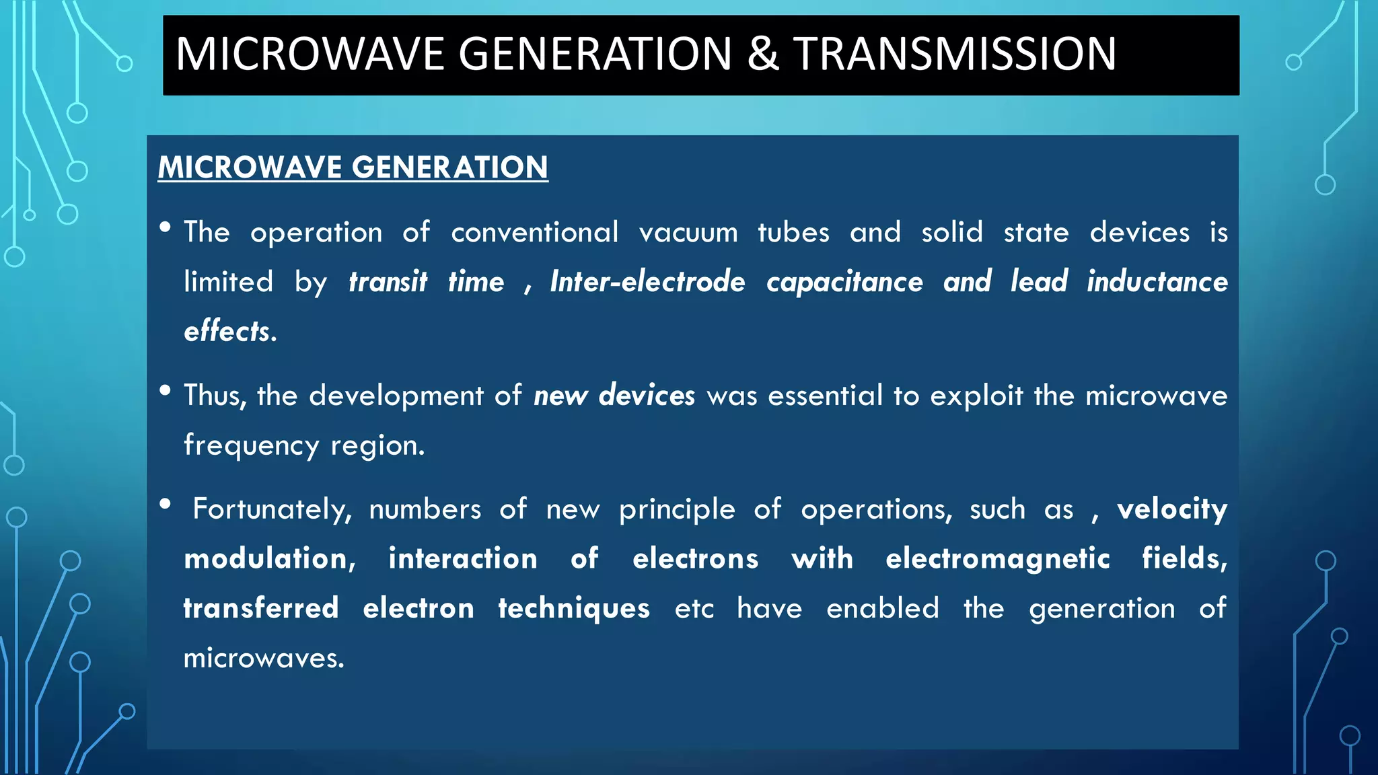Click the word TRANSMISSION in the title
click(955, 54)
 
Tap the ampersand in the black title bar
click(762, 54)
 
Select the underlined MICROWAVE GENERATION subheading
click(353, 167)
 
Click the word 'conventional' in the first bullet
click(534, 233)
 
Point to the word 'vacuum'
click(688, 233)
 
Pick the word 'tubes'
click(793, 233)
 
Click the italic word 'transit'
click(388, 282)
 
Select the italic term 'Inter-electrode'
click(647, 282)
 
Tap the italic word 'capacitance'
click(844, 282)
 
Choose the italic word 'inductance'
click(1157, 282)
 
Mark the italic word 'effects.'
click(230, 331)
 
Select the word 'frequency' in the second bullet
click(251, 445)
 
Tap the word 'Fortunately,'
click(272, 509)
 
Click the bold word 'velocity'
click(1172, 509)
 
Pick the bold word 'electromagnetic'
click(997, 559)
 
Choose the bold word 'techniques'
click(574, 609)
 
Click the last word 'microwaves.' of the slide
click(264, 658)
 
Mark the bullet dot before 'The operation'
click(166, 227)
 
